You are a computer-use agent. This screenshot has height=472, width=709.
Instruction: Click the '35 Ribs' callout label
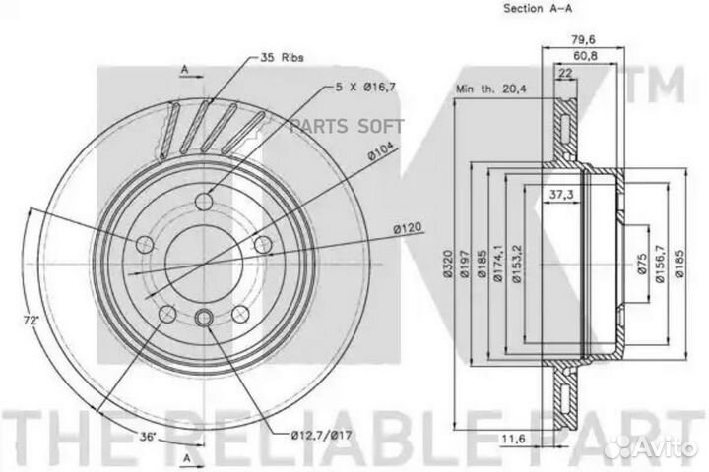[282, 58]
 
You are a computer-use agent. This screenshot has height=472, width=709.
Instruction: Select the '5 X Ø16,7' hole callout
[365, 88]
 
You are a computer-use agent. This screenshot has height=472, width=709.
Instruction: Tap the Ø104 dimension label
[382, 152]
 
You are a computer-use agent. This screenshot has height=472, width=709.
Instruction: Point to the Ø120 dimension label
[407, 228]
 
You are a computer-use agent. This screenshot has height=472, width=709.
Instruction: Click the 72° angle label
[32, 321]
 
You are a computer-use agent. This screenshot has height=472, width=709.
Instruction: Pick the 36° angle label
[148, 437]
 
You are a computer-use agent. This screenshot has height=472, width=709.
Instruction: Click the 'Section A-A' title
[538, 8]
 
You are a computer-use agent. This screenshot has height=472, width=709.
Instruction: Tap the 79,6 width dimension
[583, 39]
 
